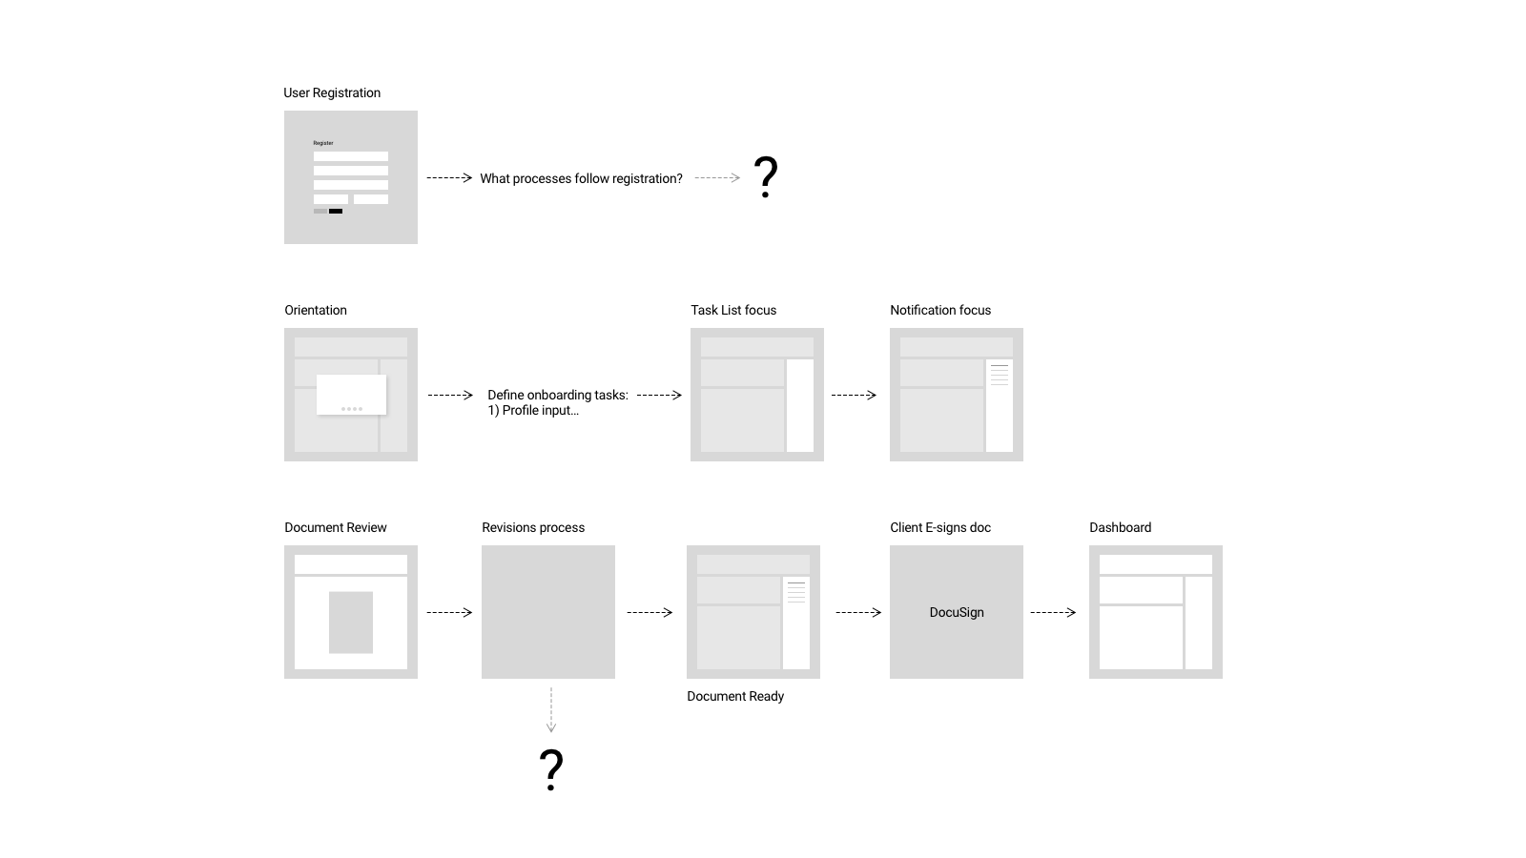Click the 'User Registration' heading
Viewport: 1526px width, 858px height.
332,92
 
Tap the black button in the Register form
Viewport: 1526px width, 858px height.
336,211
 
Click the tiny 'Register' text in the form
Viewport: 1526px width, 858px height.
323,143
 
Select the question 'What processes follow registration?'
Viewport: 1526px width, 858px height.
581,178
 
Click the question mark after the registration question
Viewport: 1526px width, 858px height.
766,177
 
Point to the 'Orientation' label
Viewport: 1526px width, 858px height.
316,310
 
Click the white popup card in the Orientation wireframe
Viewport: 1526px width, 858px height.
352,395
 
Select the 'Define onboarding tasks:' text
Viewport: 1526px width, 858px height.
558,395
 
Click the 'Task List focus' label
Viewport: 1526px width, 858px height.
733,310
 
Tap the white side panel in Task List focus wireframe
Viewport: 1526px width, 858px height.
800,405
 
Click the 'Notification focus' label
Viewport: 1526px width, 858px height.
940,310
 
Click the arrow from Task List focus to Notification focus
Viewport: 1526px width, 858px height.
854,395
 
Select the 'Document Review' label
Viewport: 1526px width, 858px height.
335,528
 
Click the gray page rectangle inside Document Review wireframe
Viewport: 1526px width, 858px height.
351,623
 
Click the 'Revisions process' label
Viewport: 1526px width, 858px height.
533,528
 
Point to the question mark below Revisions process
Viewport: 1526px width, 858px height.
551,769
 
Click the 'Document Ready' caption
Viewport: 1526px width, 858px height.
735,696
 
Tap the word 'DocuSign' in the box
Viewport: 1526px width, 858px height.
957,612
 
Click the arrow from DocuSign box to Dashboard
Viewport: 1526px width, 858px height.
1053,612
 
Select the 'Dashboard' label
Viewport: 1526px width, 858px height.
1120,528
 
